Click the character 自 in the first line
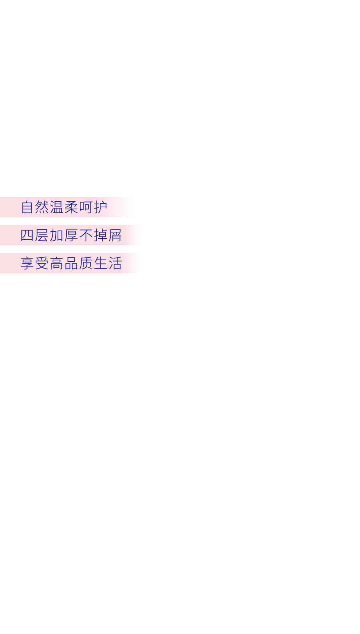pyautogui.click(x=28, y=207)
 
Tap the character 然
pyautogui.click(x=42, y=207)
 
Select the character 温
pyautogui.click(x=57, y=207)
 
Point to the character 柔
pyautogui.click(x=71, y=207)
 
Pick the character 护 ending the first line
pyautogui.click(x=100, y=207)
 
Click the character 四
pyautogui.click(x=27, y=235)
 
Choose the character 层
pyautogui.click(x=42, y=235)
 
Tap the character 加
pyautogui.click(x=56, y=235)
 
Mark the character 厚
pyautogui.click(x=71, y=235)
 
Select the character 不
pyautogui.click(x=86, y=235)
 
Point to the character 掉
pyautogui.click(x=100, y=235)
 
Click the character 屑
pyautogui.click(x=115, y=235)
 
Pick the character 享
pyautogui.click(x=27, y=263)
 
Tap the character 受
pyautogui.click(x=42, y=263)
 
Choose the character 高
pyautogui.click(x=56, y=263)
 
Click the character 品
pyautogui.click(x=71, y=263)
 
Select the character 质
pyautogui.click(x=86, y=263)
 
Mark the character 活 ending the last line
pyautogui.click(x=115, y=263)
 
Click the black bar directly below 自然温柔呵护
pyautogui.click(x=74, y=221)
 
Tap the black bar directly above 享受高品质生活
pyautogui.click(x=74, y=249)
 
